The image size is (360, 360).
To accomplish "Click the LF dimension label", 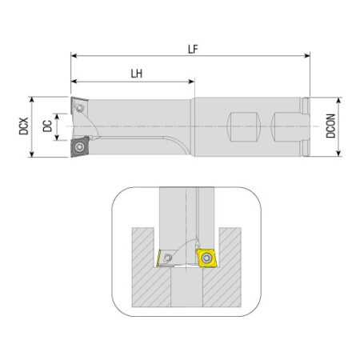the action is click(x=193, y=49).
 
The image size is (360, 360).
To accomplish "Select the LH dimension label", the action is click(x=137, y=74).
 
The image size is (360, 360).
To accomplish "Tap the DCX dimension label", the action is click(x=24, y=126).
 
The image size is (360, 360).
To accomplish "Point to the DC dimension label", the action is click(x=47, y=126).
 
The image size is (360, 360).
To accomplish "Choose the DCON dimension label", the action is click(x=330, y=126).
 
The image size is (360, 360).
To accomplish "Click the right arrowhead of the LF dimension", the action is click(x=307, y=55).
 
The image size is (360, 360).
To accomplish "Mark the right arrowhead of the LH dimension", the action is click(x=191, y=82).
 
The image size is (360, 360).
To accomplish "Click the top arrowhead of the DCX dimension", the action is click(x=32, y=100).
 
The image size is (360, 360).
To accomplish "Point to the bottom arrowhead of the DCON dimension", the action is click(x=338, y=154).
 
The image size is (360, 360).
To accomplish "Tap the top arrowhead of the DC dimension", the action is click(x=57, y=116).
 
